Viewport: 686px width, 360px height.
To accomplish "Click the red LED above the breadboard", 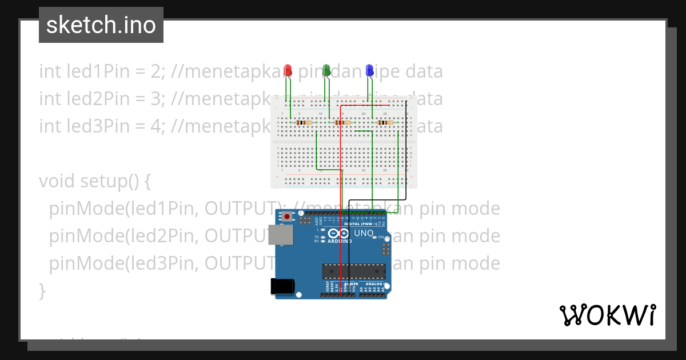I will tap(288, 70).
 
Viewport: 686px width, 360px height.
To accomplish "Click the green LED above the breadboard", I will tap(326, 70).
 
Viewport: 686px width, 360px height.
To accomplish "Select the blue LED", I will tap(369, 70).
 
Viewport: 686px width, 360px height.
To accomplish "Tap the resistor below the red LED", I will tap(304, 122).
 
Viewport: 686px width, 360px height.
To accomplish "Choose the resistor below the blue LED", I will tap(385, 122).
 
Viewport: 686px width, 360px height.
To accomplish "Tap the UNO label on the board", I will tap(364, 234).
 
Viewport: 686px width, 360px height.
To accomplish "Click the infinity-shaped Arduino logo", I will tap(338, 234).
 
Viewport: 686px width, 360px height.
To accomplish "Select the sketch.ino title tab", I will tap(101, 25).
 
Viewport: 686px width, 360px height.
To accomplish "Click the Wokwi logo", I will tap(607, 315).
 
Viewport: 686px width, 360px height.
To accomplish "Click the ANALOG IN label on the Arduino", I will tap(376, 283).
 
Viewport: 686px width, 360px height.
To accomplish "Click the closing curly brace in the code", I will tap(42, 291).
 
